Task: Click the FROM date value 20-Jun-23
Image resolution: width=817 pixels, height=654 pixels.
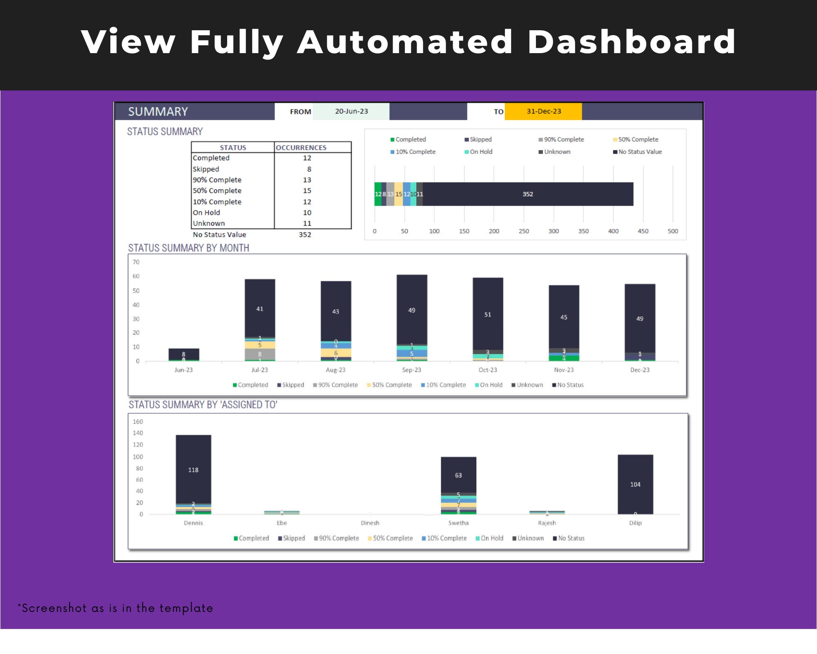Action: [x=351, y=111]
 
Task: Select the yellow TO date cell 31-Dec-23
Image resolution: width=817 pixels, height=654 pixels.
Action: [x=543, y=111]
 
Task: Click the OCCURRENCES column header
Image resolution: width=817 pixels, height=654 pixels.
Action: [x=301, y=148]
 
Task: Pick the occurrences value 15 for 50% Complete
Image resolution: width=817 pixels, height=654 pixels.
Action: [x=307, y=190]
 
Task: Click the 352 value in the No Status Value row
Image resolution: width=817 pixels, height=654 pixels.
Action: [x=305, y=235]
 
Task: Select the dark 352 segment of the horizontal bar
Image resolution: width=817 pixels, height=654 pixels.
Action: [x=527, y=194]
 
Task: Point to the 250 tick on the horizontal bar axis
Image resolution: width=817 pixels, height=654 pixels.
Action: [x=524, y=231]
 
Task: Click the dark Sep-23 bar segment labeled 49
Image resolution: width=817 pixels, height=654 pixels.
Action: [x=411, y=310]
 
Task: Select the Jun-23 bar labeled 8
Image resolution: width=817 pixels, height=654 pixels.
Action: [x=183, y=354]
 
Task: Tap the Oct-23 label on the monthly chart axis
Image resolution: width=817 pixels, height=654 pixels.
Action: [x=488, y=370]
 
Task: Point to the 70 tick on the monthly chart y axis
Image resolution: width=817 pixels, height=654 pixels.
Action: [x=136, y=262]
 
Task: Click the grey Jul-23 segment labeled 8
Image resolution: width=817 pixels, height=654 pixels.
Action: [x=259, y=354]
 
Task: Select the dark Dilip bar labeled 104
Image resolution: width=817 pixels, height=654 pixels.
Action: [x=635, y=484]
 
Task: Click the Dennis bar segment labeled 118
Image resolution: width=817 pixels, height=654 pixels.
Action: [x=193, y=470]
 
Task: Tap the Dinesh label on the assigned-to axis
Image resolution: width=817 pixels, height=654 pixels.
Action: [x=370, y=523]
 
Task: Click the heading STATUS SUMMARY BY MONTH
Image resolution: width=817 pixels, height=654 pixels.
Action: [x=189, y=248]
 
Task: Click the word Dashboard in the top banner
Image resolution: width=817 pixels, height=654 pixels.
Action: [x=632, y=42]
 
